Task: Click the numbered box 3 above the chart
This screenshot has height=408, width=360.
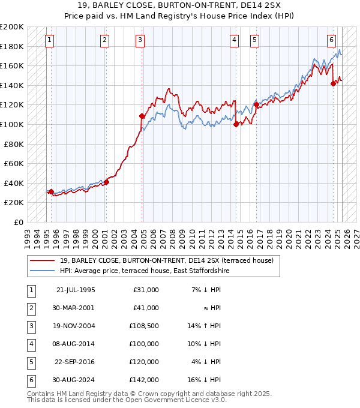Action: (140, 40)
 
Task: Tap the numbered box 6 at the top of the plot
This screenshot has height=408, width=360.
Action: (331, 40)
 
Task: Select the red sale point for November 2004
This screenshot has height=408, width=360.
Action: (142, 116)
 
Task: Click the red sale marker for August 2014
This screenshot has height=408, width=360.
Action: (236, 124)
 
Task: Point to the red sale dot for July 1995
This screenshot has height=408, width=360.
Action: (51, 192)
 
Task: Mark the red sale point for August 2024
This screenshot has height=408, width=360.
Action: (333, 84)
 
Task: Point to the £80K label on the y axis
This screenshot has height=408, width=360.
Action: (14, 144)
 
